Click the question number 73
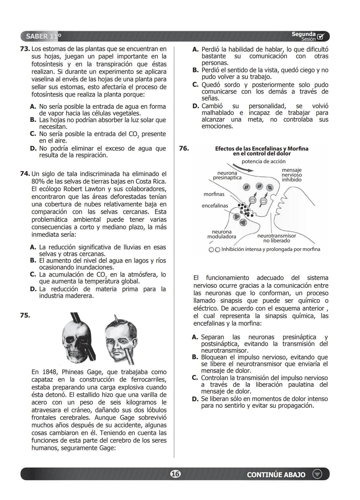(x=25, y=49)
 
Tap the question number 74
(x=25, y=174)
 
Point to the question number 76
(x=184, y=148)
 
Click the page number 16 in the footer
(x=175, y=474)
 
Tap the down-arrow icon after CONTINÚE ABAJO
(x=317, y=474)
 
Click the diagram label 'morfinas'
(x=214, y=194)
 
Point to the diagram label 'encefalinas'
(x=215, y=206)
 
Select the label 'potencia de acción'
(x=263, y=161)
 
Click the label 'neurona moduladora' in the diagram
(x=222, y=234)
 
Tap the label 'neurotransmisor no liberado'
(x=276, y=238)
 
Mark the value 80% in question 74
(x=38, y=181)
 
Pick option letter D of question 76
(x=195, y=399)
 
